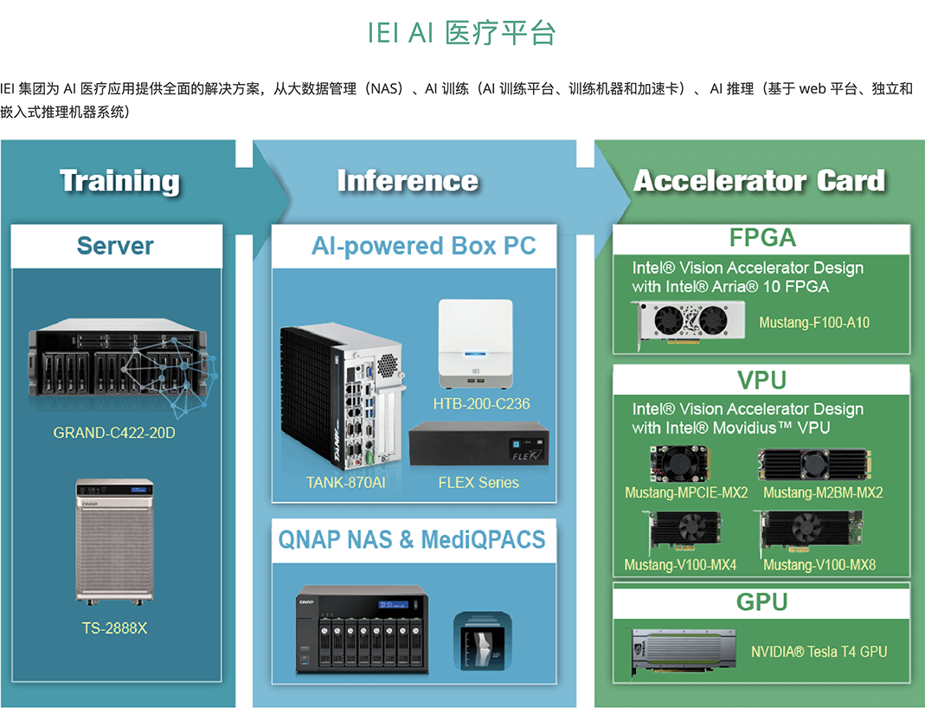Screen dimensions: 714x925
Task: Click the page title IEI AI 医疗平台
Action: coord(461,33)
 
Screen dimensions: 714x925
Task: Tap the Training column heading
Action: coord(119,181)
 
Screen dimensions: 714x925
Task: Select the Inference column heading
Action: coord(408,181)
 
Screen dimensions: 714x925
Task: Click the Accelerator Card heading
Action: coord(759,181)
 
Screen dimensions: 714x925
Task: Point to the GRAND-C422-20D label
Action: coord(114,432)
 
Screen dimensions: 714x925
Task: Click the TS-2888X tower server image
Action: coord(114,541)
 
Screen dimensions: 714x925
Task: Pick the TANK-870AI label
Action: coord(345,482)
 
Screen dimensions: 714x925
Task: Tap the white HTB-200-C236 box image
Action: coord(475,344)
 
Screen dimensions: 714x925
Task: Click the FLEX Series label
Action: coord(479,482)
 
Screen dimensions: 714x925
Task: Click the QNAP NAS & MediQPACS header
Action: coord(412,540)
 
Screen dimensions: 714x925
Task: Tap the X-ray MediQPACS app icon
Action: coord(482,641)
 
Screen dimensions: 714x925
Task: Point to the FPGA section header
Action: coord(761,238)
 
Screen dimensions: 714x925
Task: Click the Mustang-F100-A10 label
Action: coord(814,323)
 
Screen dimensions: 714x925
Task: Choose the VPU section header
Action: coord(761,380)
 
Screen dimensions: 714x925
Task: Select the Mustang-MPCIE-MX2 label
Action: coord(686,493)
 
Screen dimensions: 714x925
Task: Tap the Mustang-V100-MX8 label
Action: coord(819,565)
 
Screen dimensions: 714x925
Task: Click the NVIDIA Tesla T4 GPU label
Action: coord(819,652)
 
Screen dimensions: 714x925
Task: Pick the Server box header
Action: coord(115,246)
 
